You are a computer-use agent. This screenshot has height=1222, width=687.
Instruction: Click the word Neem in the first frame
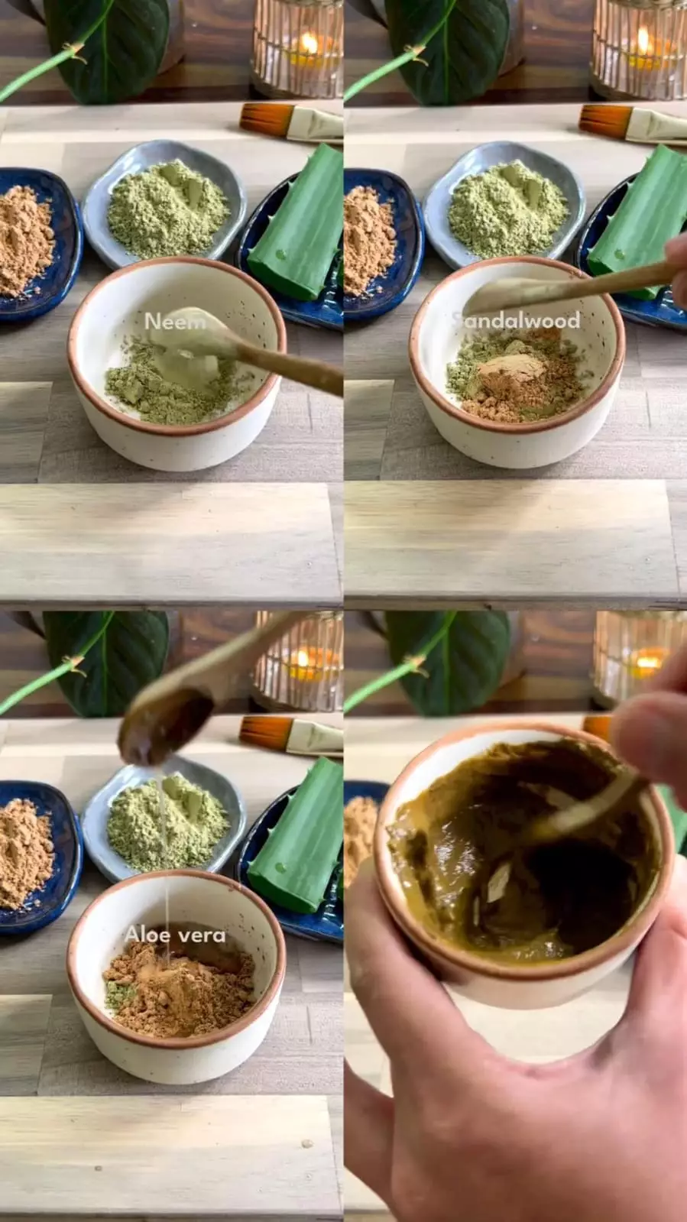(175, 321)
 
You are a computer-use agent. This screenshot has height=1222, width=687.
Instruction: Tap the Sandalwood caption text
(516, 320)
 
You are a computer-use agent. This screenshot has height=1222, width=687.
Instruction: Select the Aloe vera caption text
(174, 935)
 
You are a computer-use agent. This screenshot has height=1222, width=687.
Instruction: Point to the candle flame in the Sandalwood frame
(643, 42)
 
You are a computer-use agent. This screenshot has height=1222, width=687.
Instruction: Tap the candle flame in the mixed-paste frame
(647, 660)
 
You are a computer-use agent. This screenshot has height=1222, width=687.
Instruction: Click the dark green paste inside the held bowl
(518, 851)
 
